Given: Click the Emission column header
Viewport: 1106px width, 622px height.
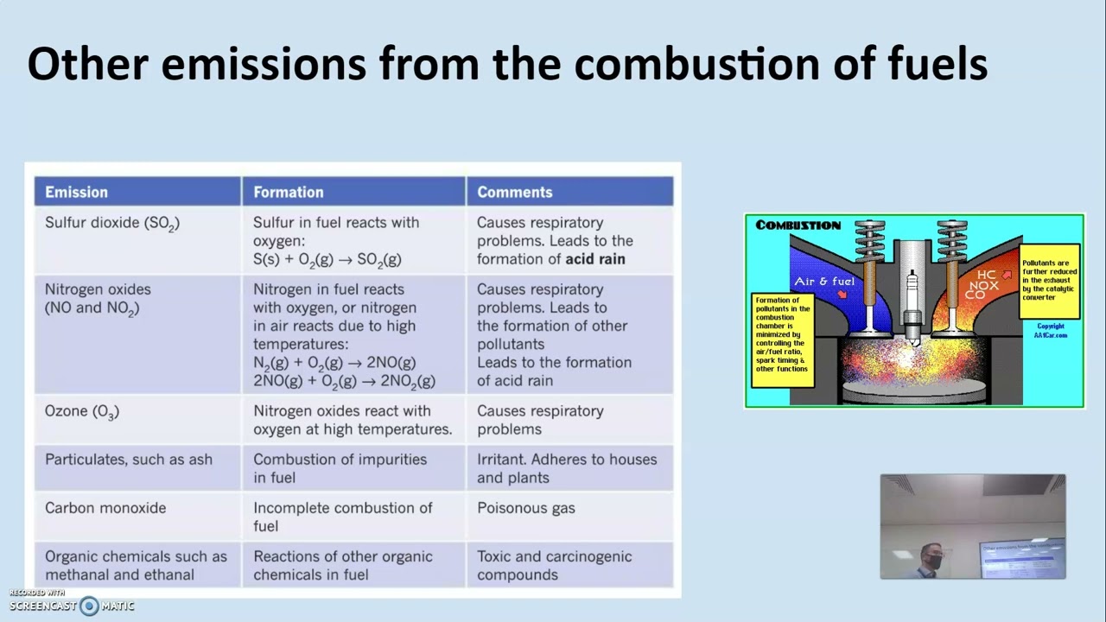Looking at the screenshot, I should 77,192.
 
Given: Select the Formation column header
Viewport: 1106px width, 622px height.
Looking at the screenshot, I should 289,192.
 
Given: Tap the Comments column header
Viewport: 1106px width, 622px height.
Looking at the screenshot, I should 515,192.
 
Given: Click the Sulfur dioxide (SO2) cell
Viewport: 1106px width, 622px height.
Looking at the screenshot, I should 112,223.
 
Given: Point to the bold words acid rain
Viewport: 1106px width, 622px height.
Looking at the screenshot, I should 594,259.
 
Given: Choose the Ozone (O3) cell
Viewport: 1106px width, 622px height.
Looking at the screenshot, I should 82,412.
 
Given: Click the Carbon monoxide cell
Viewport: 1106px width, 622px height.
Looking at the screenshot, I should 105,508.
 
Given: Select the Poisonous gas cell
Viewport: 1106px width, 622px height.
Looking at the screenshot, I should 526,508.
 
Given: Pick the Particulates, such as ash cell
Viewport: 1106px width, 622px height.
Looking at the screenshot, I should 129,460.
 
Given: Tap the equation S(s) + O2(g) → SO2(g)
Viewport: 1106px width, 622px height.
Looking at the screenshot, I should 327,259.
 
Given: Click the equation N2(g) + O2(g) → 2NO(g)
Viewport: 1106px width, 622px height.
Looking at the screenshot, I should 334,363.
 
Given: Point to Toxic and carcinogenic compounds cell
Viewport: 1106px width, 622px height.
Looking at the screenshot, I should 554,565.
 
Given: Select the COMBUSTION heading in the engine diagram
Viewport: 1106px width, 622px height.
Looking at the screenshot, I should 798,225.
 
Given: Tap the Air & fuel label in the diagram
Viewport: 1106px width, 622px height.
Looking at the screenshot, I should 824,282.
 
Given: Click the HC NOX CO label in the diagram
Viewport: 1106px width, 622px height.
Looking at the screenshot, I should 982,285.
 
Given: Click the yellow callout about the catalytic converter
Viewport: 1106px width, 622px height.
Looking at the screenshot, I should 1050,279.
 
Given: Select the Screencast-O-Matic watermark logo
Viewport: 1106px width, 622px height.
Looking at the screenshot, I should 89,606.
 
